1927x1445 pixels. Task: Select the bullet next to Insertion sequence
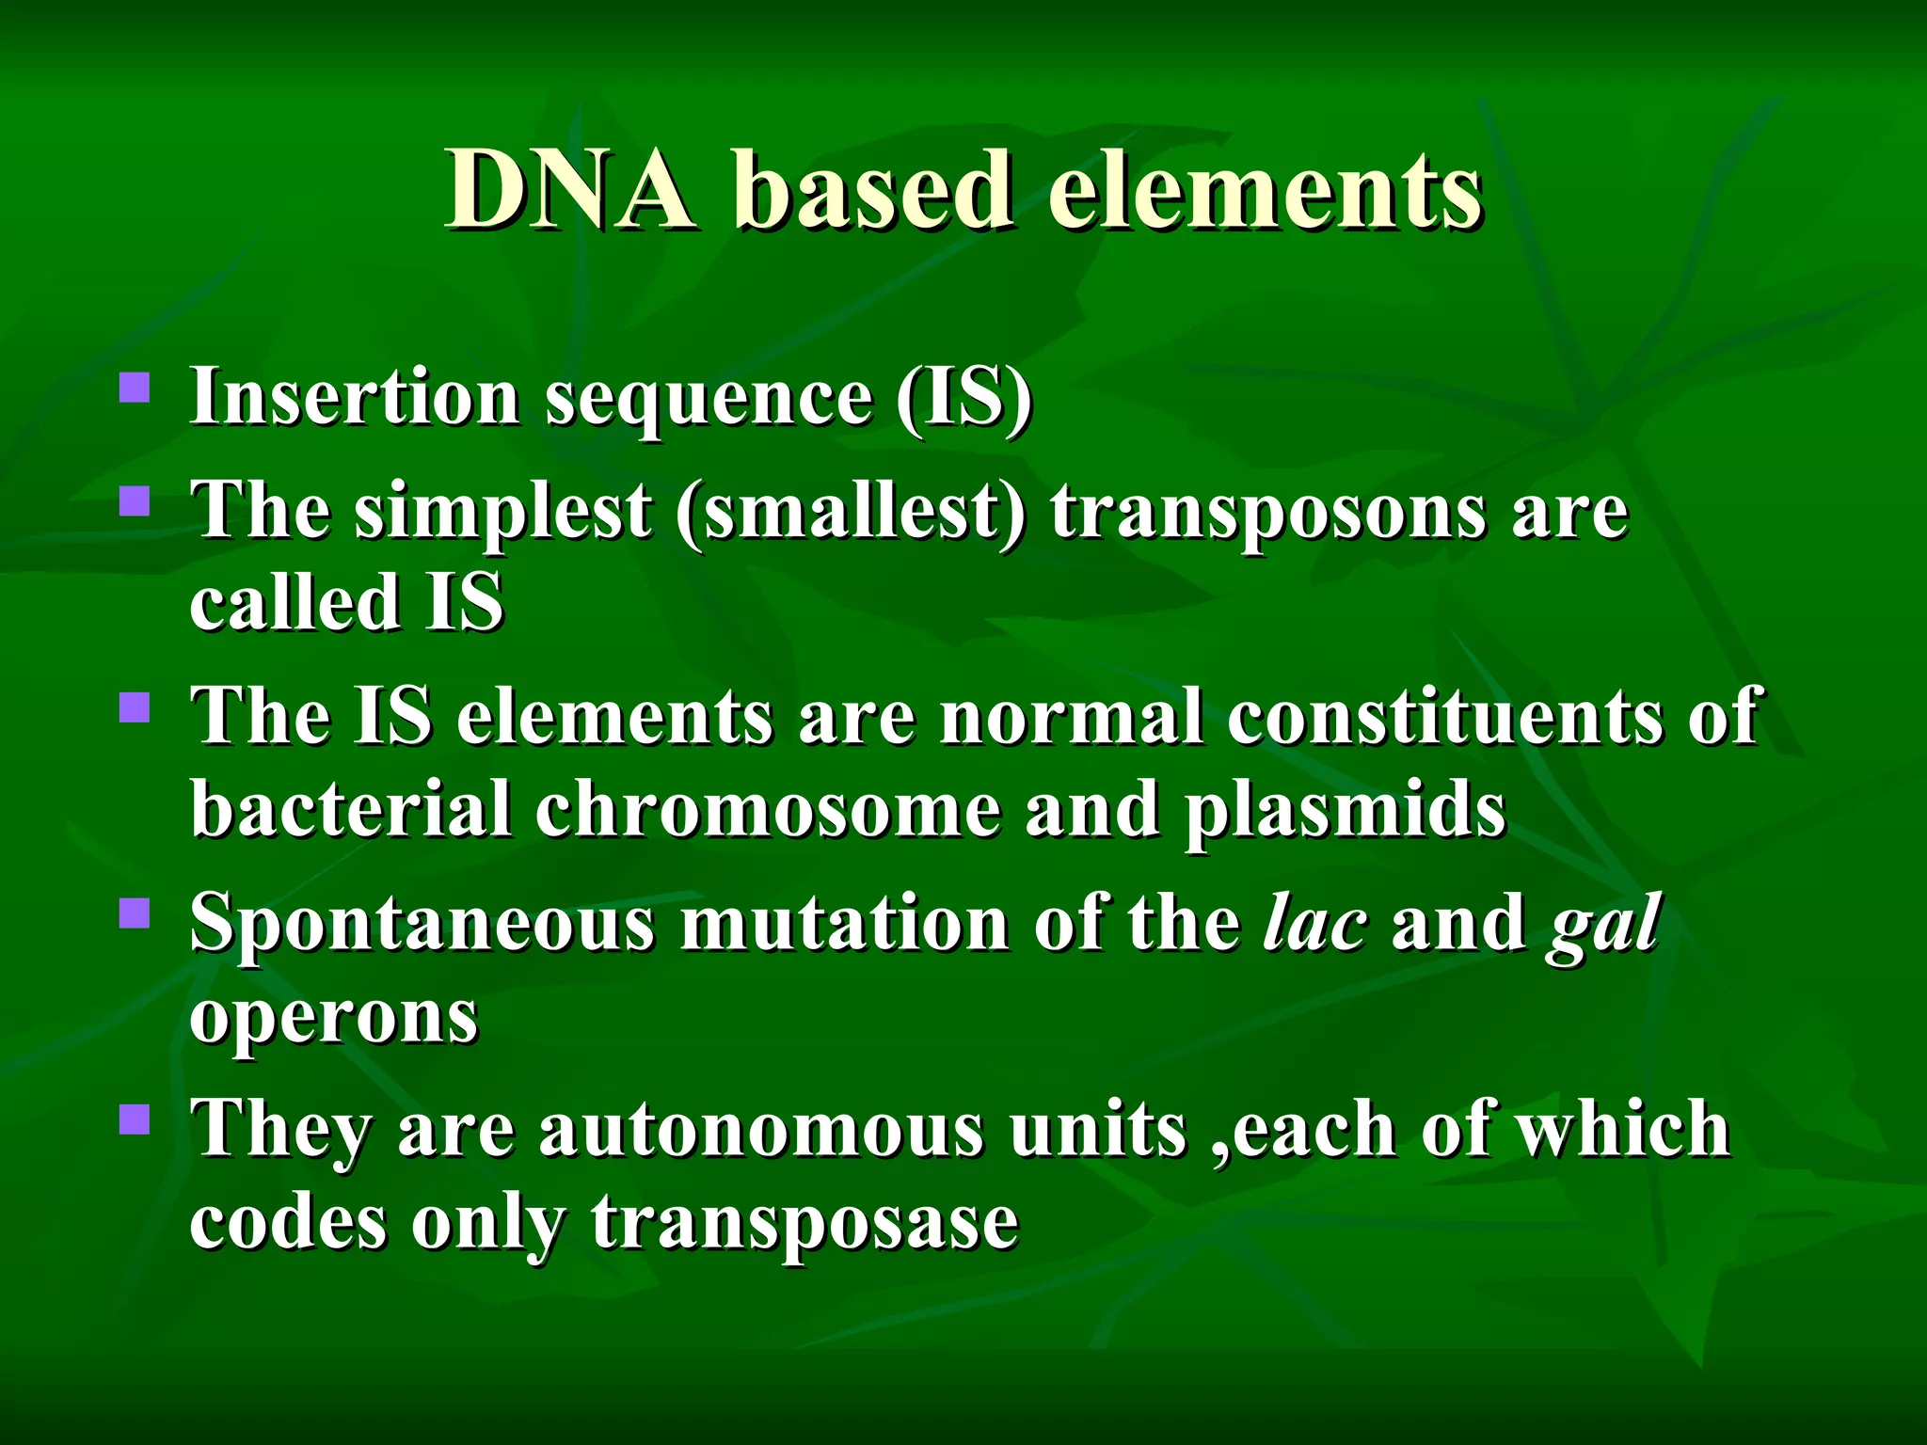tap(135, 389)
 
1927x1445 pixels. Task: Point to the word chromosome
tap(768, 810)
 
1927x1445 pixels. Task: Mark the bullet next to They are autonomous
tap(135, 1119)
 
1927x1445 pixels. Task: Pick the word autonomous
tap(761, 1130)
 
